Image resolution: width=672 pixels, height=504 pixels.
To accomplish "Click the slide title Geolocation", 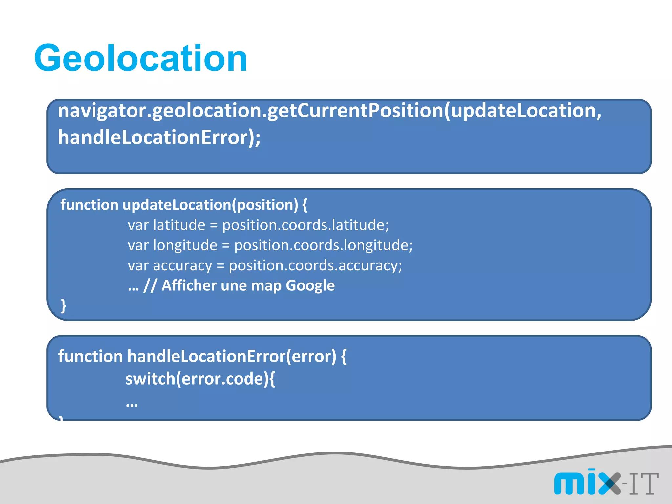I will tap(140, 58).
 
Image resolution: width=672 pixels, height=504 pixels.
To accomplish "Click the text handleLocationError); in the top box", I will tap(159, 137).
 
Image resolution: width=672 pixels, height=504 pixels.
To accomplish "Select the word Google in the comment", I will tap(310, 285).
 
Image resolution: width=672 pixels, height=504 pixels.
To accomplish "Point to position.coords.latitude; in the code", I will tap(305, 225).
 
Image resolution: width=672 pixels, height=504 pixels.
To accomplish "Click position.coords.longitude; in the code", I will tap(324, 245).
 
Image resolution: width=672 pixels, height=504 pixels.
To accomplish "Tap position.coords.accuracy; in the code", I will tap(315, 265).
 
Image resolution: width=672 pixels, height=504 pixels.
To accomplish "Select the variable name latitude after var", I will tap(179, 225).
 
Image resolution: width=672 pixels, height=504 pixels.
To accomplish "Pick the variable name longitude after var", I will tap(185, 245).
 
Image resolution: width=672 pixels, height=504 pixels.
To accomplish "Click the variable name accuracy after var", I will tap(182, 265).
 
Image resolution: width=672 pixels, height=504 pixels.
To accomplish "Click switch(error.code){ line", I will tap(200, 379).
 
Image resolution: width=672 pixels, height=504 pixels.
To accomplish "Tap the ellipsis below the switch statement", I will tap(132, 404).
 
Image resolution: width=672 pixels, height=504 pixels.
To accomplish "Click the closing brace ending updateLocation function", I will tap(64, 305).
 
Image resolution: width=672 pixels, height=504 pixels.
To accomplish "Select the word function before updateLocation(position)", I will tap(89, 205).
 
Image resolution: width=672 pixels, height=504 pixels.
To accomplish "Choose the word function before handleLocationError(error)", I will tap(90, 356).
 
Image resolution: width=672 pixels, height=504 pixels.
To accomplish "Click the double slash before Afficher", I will tap(150, 285).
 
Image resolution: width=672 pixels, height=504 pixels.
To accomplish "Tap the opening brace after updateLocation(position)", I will tap(305, 205).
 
